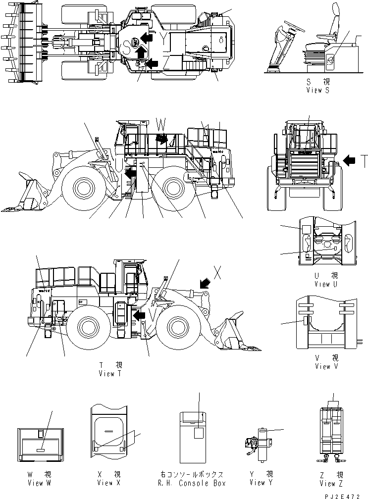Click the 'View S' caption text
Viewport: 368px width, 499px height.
317,90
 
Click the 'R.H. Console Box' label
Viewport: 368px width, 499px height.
198,483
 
